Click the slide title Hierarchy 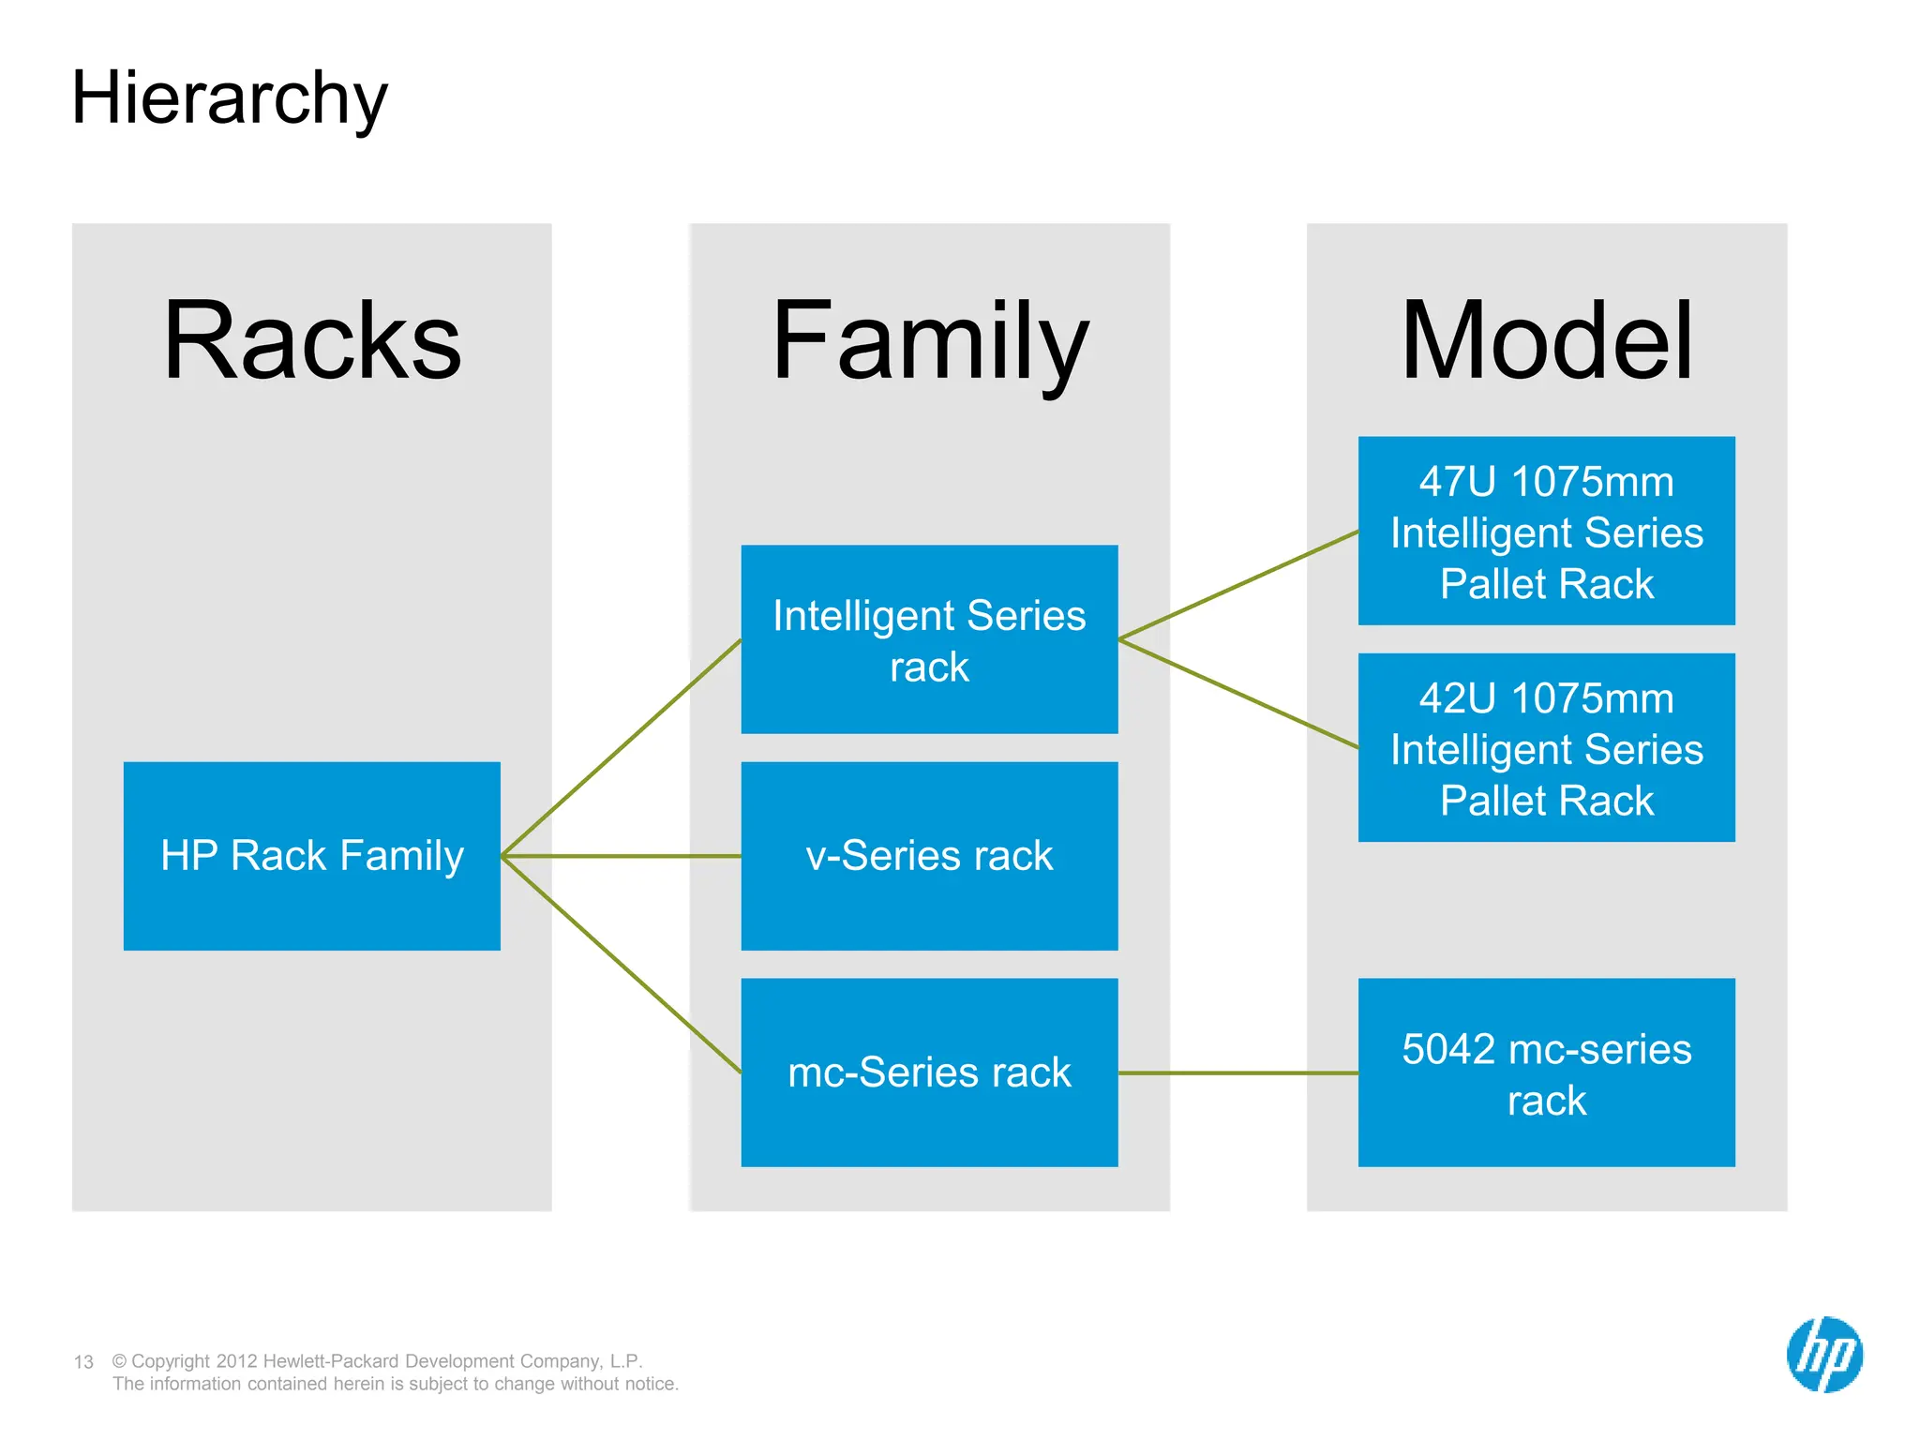229,98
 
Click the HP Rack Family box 312,856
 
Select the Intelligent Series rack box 929,639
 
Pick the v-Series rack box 929,856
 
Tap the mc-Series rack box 929,1072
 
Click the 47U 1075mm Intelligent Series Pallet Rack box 1547,531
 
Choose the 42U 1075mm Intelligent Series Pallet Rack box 1547,747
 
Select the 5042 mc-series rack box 1547,1072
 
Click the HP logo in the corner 1824,1355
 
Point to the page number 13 83,1362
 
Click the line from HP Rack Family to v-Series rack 621,856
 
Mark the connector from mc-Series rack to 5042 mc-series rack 1237,1072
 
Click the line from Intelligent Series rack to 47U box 1237,586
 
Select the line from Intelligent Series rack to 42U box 1237,694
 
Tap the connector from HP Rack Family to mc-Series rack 621,964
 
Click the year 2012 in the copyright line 237,1361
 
